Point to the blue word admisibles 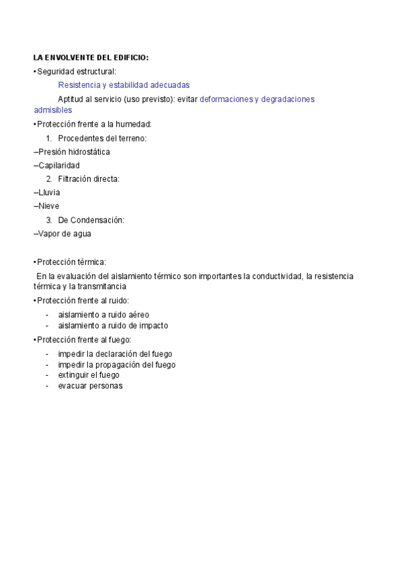click(x=52, y=110)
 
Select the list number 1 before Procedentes click(x=49, y=138)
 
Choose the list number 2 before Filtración click(x=49, y=179)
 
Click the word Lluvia click(x=49, y=193)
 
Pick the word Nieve click(x=48, y=206)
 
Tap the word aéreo click(x=137, y=314)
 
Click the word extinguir click(x=74, y=375)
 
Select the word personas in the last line click(x=107, y=386)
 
